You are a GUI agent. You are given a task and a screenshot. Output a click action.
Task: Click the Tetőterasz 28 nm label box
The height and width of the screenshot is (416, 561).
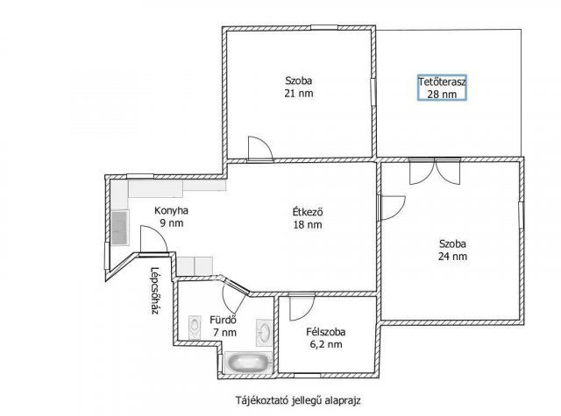[442, 88]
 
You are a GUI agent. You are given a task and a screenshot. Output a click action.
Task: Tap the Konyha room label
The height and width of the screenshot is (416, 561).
[172, 210]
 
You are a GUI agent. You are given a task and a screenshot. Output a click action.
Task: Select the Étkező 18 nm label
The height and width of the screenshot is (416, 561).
[308, 218]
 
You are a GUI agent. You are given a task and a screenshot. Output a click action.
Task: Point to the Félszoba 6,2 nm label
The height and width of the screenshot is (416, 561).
[326, 338]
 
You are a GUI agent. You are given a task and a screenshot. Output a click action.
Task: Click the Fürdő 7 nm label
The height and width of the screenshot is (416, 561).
[224, 326]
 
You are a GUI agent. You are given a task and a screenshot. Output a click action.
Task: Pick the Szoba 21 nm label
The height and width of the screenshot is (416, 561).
[299, 87]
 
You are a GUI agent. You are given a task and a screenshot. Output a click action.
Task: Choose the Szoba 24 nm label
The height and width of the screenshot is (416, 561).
[452, 250]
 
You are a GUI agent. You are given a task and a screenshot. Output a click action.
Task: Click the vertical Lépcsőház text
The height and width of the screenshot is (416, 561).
[154, 291]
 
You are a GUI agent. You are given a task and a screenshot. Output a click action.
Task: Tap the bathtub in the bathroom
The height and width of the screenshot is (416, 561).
[247, 363]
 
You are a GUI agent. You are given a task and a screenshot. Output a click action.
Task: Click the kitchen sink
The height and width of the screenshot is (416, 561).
[119, 228]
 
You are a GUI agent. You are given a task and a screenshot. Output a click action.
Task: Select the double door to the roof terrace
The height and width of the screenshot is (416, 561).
[435, 171]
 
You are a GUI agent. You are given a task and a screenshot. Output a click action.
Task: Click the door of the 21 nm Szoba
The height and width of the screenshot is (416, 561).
[260, 149]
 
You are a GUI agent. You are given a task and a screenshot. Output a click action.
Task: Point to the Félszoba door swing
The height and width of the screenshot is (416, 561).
[302, 307]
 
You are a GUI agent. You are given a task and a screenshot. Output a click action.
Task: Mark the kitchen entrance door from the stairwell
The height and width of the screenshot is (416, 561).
[154, 241]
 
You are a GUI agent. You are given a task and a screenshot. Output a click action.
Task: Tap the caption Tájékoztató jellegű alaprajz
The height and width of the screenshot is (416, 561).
[298, 400]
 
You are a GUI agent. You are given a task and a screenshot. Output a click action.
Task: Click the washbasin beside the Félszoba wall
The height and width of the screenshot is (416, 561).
[265, 333]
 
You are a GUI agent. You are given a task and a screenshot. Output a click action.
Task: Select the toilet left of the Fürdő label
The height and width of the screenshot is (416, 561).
[195, 327]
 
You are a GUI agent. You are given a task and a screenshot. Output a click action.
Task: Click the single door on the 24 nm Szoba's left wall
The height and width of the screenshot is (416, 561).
[392, 208]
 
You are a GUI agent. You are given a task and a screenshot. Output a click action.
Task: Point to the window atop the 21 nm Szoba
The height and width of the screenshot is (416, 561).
[324, 27]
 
